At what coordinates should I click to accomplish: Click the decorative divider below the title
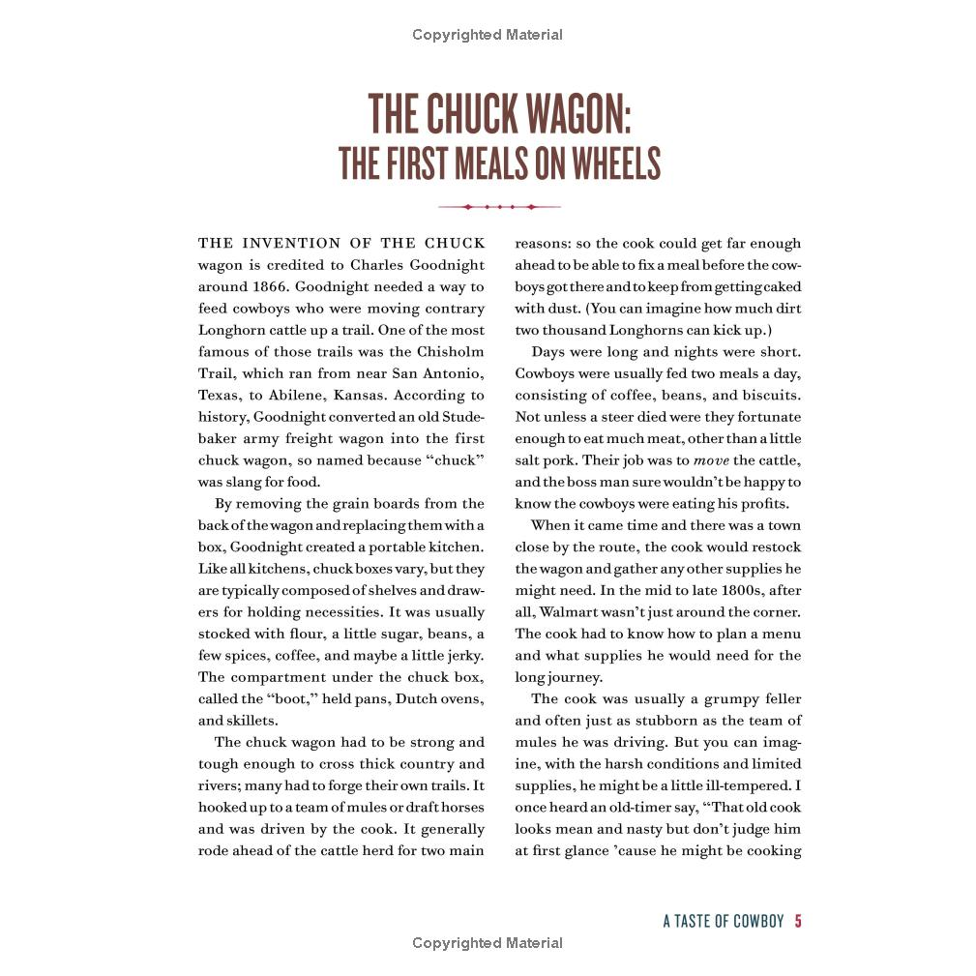[x=499, y=207]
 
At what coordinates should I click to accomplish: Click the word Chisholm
[x=449, y=352]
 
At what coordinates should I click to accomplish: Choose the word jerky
[x=460, y=656]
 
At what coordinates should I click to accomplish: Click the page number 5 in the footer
[x=798, y=921]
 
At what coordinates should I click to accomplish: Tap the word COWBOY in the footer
[x=757, y=921]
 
